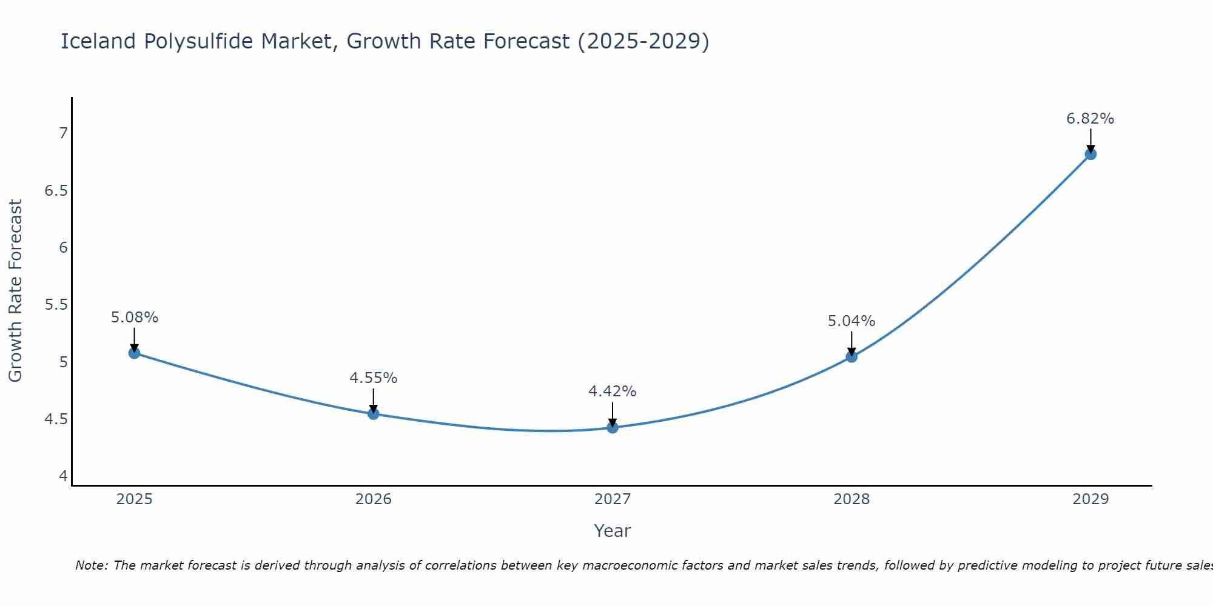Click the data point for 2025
(135, 353)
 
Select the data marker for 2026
(374, 414)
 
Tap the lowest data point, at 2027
(613, 428)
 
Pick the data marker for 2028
(852, 357)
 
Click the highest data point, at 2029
(1090, 154)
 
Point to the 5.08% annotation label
(135, 318)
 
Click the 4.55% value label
(374, 378)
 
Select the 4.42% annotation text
(613, 391)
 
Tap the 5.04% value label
(852, 321)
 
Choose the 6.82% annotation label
(1090, 119)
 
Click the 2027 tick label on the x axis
(613, 499)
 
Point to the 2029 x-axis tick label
(1090, 499)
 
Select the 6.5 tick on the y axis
(56, 191)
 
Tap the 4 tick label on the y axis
(63, 476)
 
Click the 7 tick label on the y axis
(63, 133)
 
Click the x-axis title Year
(613, 531)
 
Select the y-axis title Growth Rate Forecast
(16, 291)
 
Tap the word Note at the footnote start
(91, 565)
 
